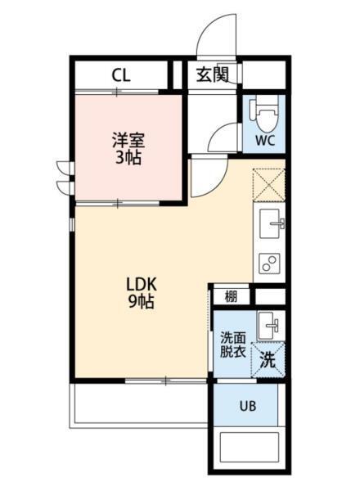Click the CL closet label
[121, 76]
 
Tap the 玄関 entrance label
[211, 76]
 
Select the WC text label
[263, 140]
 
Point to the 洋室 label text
[128, 139]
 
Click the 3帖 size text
[128, 157]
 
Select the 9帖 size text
[140, 301]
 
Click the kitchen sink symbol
[271, 222]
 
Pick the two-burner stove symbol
[270, 262]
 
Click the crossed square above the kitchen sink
[269, 184]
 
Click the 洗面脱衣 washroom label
[232, 345]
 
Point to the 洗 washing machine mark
[268, 358]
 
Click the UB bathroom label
[247, 405]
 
